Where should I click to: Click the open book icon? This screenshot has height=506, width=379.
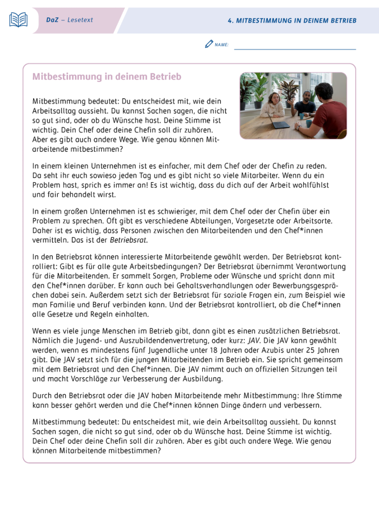pyautogui.click(x=19, y=20)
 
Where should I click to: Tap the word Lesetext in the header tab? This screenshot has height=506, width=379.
pyautogui.click(x=80, y=20)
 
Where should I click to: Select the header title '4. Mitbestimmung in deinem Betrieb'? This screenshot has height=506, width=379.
pyautogui.click(x=292, y=21)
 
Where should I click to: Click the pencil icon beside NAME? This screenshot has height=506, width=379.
pyautogui.click(x=209, y=44)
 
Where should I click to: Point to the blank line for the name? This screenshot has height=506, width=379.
pyautogui.click(x=295, y=47)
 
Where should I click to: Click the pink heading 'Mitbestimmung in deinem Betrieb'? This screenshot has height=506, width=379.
pyautogui.click(x=107, y=77)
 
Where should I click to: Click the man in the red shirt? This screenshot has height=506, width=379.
pyautogui.click(x=328, y=110)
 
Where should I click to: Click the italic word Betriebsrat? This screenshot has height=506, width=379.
pyautogui.click(x=128, y=240)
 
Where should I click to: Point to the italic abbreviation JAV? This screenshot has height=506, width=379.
pyautogui.click(x=254, y=341)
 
